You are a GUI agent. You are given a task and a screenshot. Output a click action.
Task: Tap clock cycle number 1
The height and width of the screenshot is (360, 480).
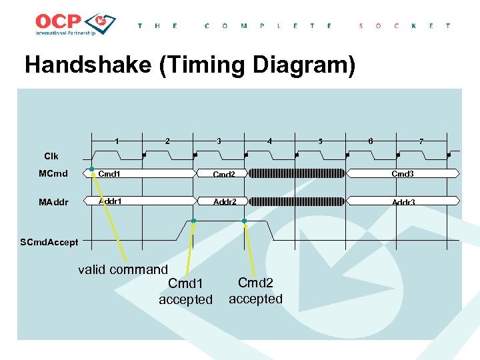tap(117, 141)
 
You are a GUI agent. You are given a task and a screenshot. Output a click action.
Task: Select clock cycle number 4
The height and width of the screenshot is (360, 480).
tap(269, 141)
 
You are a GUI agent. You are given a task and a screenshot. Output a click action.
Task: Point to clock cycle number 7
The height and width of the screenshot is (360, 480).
tap(421, 141)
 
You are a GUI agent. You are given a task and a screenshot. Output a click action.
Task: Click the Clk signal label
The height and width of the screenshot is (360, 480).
tap(51, 156)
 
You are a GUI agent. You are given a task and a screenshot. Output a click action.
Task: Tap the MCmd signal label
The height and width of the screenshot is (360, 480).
tap(53, 175)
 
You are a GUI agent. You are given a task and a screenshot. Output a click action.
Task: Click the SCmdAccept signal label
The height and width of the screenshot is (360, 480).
tap(49, 242)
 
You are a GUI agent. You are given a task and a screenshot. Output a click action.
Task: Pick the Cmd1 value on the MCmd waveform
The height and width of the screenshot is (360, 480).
tap(109, 174)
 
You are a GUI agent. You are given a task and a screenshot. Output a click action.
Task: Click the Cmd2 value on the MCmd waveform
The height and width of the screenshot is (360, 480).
tap(224, 175)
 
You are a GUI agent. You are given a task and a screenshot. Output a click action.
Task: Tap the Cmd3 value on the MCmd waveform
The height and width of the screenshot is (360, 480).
tap(402, 174)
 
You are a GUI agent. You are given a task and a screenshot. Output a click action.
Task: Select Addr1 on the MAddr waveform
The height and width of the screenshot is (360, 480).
tap(110, 201)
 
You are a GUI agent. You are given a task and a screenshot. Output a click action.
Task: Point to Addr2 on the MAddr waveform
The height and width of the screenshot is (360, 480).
tap(225, 201)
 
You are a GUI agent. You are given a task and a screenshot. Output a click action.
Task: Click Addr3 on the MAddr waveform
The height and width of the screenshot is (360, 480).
tap(403, 202)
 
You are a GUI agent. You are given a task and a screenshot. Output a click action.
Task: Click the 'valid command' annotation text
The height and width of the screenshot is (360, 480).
tap(123, 270)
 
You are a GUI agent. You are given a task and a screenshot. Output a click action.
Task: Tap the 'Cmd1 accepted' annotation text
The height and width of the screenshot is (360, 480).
tap(185, 292)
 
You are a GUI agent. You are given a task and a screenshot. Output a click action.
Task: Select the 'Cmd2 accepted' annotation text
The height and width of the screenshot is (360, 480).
tap(256, 291)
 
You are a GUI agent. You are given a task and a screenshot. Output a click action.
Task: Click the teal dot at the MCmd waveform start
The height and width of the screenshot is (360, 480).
tap(92, 169)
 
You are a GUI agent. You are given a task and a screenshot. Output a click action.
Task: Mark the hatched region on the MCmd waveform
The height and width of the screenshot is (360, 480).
tap(297, 174)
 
